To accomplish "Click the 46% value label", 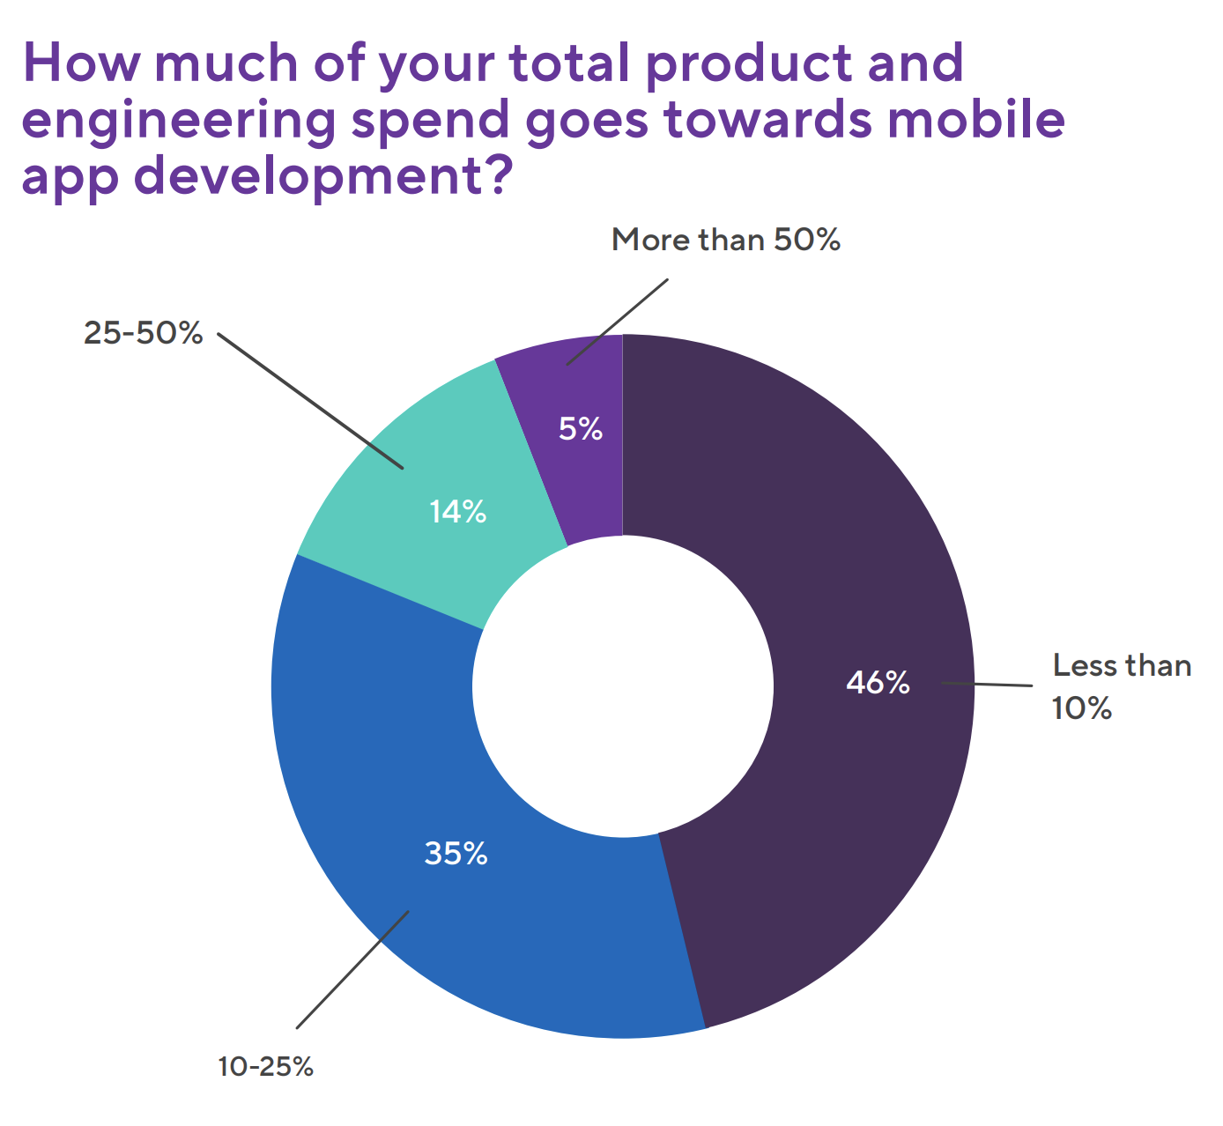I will coord(878,683).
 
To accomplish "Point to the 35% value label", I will coord(456,853).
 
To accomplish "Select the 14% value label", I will coord(458,512).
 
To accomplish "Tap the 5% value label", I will coord(581,429).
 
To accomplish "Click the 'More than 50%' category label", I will coord(726,240).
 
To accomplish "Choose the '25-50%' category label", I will coord(144,333).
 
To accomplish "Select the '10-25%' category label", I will coord(265,1067).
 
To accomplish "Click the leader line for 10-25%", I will coord(352,969).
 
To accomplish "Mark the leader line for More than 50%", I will coord(617,322).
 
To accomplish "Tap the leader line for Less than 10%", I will coord(987,685).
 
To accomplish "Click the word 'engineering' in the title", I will coord(177,121).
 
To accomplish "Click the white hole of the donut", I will coord(623,686).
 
